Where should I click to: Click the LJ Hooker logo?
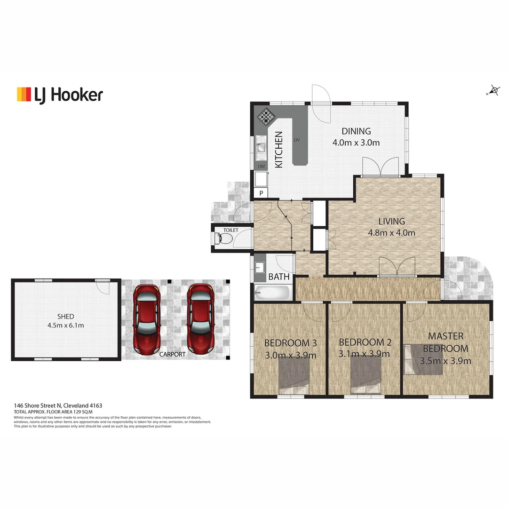60,95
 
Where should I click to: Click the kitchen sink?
261,147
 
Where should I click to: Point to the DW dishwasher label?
261,166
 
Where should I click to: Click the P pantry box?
261,192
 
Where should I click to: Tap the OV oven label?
297,140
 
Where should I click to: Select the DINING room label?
356,131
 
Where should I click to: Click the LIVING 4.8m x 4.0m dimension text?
391,232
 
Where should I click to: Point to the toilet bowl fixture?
224,239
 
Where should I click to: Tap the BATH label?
279,277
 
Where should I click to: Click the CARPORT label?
172,354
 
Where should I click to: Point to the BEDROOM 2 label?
365,342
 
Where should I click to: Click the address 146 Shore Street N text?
58,405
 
